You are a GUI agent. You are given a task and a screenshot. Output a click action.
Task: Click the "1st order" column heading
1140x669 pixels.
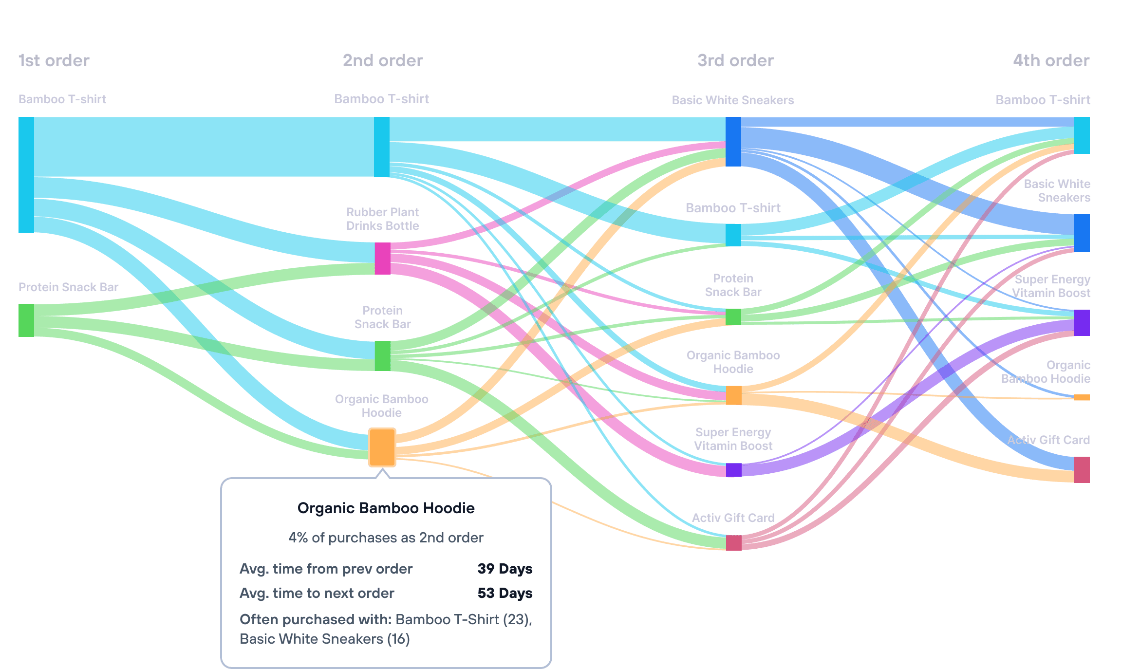pos(54,60)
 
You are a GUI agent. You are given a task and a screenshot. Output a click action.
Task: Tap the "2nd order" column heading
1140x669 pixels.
pos(383,60)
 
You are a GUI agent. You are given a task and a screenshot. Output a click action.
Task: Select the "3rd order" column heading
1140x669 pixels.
pos(735,60)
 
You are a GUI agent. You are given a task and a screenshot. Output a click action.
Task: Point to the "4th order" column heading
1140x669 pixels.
pos(1051,60)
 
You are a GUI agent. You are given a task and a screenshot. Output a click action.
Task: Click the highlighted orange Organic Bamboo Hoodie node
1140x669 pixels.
pos(382,447)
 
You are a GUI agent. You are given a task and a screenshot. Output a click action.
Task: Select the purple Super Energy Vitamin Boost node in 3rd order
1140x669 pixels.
pos(733,470)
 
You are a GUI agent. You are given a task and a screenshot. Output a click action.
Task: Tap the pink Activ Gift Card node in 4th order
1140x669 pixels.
pos(1082,470)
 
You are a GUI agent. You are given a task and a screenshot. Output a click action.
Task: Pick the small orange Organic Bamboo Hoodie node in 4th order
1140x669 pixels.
pos(1082,398)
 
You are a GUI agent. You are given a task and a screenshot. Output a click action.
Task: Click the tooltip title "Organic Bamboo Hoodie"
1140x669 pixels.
pos(386,508)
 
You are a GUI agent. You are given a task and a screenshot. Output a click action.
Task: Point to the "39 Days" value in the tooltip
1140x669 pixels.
pos(505,569)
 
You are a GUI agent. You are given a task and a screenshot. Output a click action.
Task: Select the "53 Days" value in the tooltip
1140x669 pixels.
pos(505,593)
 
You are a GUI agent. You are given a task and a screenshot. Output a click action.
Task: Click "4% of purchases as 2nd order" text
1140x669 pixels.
pos(386,538)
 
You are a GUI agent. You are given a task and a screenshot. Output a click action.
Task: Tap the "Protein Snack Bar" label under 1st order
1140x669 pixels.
pos(68,287)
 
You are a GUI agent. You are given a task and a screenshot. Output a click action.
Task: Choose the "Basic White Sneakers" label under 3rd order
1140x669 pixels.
pos(732,100)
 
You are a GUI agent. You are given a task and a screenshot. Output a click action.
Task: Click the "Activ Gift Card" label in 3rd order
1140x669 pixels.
pos(733,518)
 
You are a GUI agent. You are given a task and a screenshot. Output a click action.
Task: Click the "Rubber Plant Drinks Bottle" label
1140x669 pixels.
pos(382,219)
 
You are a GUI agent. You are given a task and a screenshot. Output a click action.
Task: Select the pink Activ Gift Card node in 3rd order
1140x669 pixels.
pos(733,542)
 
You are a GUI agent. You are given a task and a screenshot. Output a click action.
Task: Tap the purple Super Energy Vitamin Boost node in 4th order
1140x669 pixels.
pos(1082,322)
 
